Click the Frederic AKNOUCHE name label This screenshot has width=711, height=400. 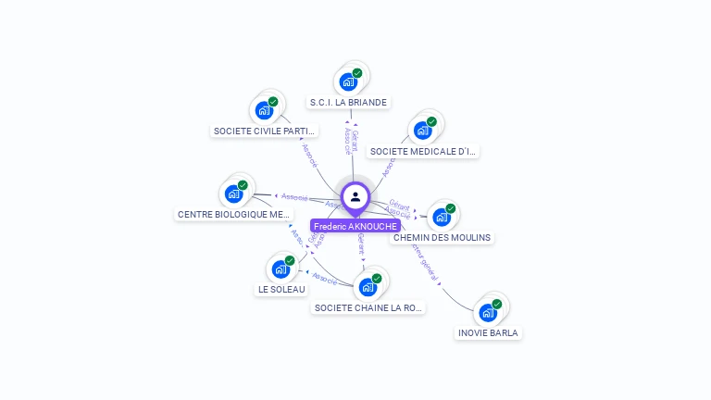[x=355, y=226]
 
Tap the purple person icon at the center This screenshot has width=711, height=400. [x=355, y=196]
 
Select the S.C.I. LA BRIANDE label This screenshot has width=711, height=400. [x=349, y=102]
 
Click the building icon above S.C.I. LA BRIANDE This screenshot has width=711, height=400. [x=348, y=81]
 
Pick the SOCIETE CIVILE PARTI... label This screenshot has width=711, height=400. [x=265, y=131]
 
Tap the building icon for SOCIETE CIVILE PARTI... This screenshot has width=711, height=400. [x=265, y=110]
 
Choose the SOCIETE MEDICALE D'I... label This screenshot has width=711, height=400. [x=423, y=151]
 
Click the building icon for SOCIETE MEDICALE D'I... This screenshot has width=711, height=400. [x=423, y=131]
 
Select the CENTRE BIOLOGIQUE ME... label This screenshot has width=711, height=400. [x=233, y=214]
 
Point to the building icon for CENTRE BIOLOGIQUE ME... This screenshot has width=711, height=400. [x=233, y=194]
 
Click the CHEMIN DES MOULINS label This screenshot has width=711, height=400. [x=442, y=237]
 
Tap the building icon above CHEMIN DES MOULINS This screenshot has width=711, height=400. [x=442, y=217]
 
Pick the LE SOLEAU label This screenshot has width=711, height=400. [x=281, y=289]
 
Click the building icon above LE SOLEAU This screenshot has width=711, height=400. [x=281, y=269]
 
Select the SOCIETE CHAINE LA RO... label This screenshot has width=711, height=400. [x=368, y=307]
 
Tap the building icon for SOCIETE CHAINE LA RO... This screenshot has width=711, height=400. [x=368, y=287]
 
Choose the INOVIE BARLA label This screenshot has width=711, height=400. [x=488, y=332]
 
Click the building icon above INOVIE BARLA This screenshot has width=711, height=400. [x=488, y=313]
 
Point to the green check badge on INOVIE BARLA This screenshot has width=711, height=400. [x=497, y=304]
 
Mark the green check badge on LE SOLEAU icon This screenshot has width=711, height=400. [x=290, y=260]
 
